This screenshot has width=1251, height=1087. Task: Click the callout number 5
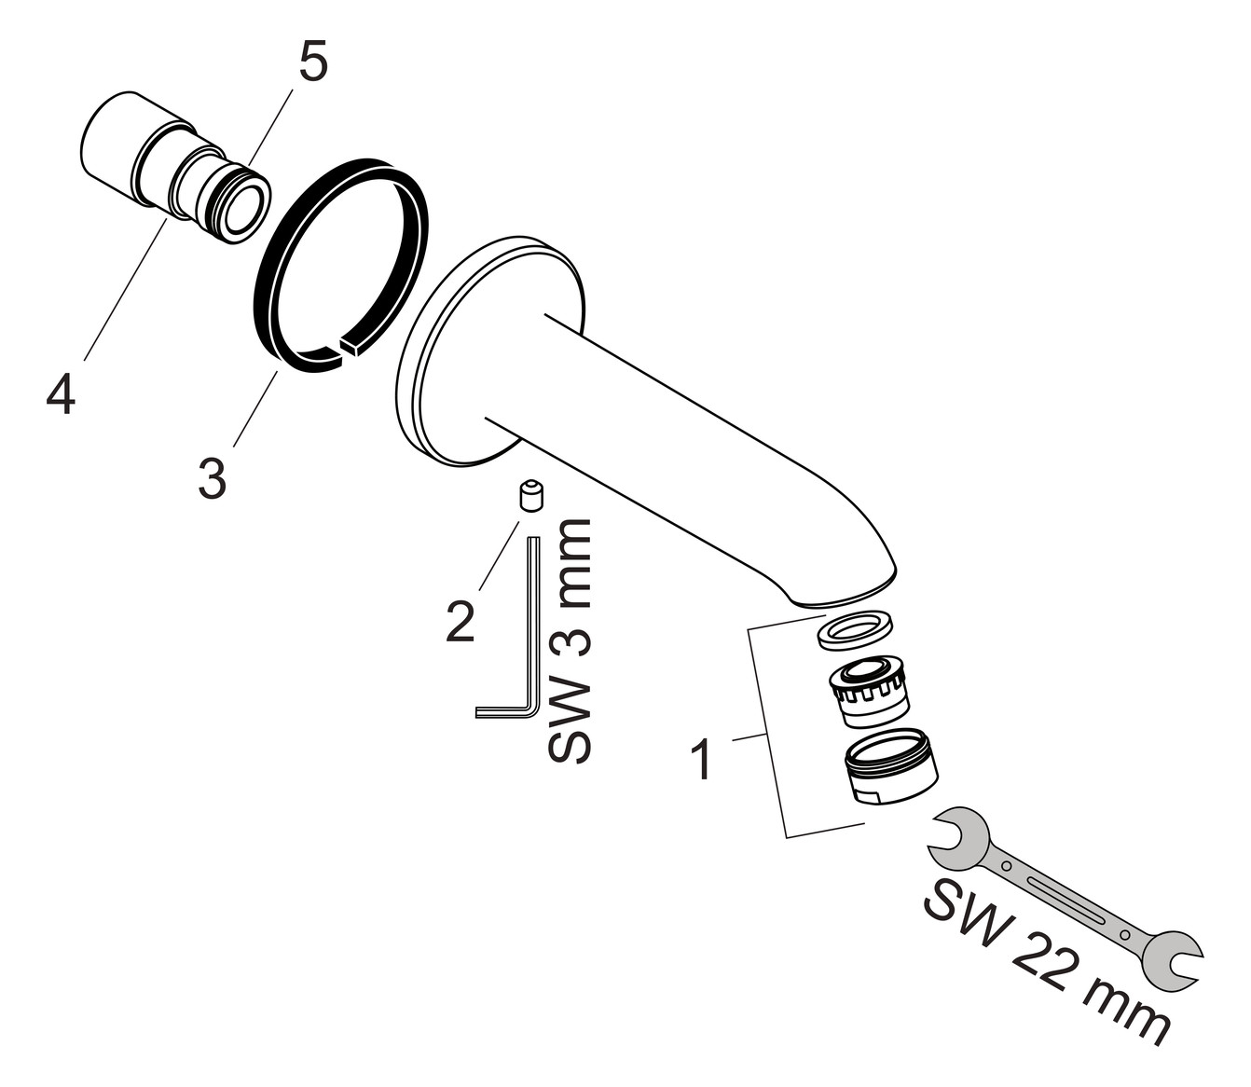pos(312,62)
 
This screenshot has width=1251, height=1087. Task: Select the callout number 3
pos(213,477)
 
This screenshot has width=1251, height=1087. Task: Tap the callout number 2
pos(460,621)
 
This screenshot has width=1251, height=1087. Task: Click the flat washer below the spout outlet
pos(854,630)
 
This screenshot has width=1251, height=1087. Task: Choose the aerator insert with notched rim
pos(869,690)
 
